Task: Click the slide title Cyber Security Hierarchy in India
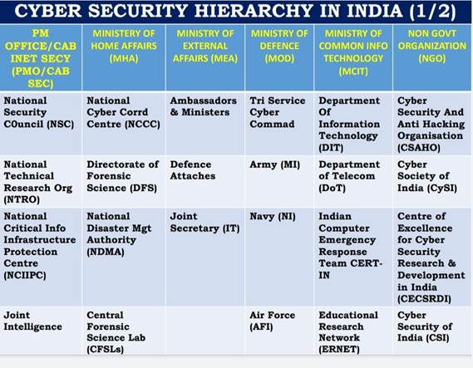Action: click(236, 12)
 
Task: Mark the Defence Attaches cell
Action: click(193, 170)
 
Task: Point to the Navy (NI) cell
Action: click(269, 216)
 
